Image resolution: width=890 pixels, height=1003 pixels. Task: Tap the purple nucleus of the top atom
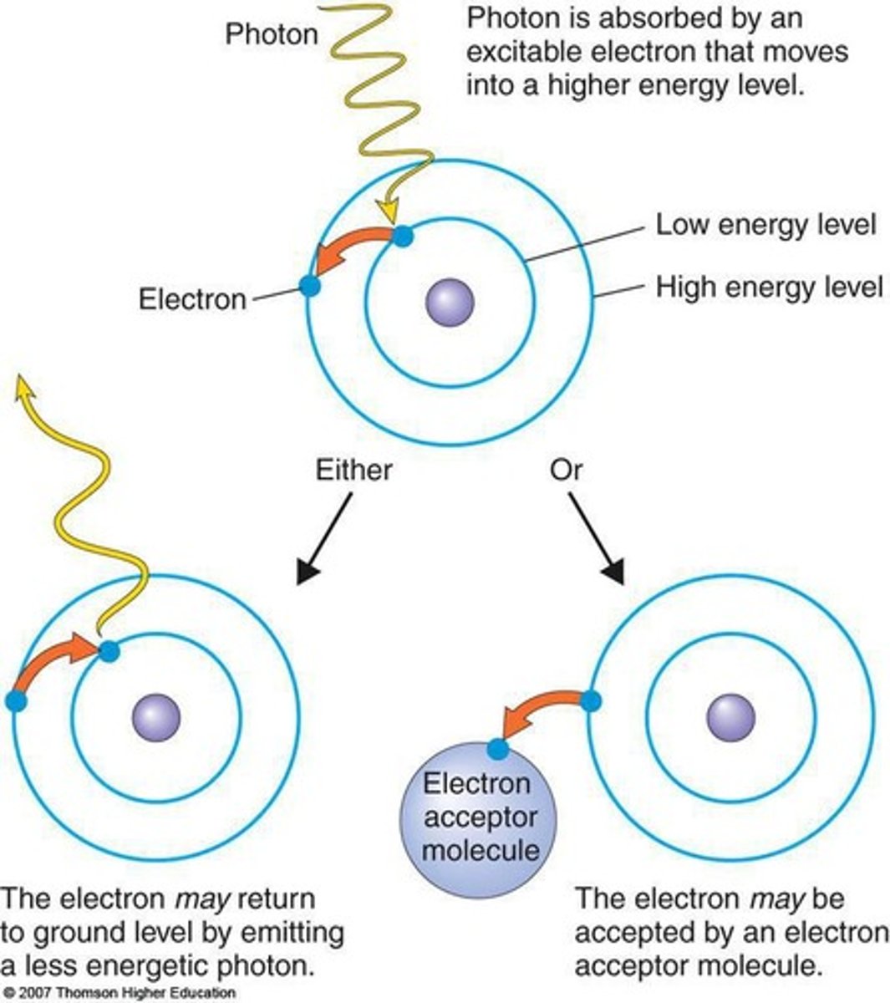point(450,302)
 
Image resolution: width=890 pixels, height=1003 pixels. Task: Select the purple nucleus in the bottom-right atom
point(731,718)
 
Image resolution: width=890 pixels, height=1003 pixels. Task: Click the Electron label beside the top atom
point(192,299)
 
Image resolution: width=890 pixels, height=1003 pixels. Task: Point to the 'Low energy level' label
point(765,225)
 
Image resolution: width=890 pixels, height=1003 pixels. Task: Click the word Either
point(353,470)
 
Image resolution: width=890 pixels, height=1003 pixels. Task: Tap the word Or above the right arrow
point(566,470)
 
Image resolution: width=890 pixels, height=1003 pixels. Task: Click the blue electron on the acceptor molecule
point(498,749)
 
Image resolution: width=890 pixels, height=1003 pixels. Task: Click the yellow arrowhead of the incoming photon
point(387,213)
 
